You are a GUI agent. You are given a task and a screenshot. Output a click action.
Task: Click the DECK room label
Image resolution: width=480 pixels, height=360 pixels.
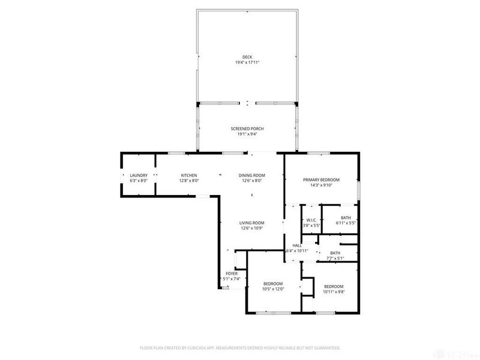247,57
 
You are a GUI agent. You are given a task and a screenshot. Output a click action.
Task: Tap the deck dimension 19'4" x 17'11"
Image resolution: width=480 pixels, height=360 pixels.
247,62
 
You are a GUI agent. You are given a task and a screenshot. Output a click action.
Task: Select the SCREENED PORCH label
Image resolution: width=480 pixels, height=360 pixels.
247,129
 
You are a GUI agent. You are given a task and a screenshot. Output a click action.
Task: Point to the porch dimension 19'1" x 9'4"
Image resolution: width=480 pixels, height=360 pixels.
247,134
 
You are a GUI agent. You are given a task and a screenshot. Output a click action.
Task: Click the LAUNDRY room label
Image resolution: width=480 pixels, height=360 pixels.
139,175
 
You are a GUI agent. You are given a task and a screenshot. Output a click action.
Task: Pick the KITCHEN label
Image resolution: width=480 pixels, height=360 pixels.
189,175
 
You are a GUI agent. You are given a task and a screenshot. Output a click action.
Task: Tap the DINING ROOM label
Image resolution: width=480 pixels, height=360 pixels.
252,175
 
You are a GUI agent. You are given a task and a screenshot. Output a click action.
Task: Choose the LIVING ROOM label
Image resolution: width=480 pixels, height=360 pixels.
252,223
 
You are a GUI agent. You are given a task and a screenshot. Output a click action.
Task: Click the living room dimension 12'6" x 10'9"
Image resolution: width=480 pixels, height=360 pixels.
252,228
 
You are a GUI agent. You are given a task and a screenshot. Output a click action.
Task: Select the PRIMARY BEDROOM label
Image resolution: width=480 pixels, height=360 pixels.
322,180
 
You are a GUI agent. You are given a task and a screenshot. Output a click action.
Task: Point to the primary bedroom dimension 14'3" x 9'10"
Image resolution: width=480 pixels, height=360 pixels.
322,185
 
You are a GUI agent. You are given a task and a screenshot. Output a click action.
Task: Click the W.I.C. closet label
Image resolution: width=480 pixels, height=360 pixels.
311,220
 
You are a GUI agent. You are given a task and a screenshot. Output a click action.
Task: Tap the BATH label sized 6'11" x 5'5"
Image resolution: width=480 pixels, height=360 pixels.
346,218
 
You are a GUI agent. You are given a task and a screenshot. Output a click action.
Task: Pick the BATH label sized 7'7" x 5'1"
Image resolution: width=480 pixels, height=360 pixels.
334,253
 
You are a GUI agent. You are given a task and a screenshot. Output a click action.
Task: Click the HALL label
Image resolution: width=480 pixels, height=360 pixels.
297,246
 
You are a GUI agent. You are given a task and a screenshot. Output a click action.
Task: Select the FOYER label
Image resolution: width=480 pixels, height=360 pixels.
232,274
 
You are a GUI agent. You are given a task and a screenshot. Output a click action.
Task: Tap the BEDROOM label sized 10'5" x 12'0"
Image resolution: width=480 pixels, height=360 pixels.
273,283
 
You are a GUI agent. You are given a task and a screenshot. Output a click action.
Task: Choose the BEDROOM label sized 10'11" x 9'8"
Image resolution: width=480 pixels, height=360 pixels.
334,286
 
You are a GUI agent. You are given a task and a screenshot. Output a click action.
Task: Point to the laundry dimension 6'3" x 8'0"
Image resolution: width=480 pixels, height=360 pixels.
139,181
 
